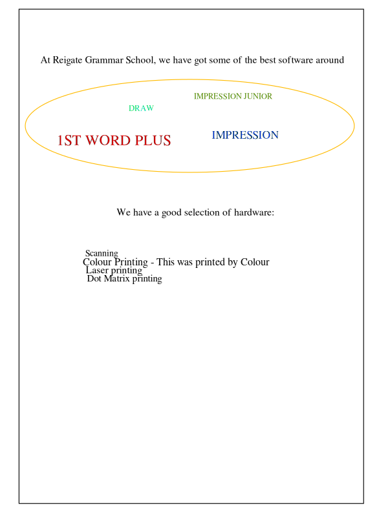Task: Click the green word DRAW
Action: (x=141, y=108)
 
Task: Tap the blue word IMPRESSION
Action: (x=245, y=135)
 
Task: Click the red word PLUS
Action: (x=153, y=140)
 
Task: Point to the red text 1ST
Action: (x=69, y=140)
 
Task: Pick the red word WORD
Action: (x=108, y=140)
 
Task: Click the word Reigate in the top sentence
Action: (x=67, y=61)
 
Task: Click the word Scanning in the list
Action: (x=102, y=254)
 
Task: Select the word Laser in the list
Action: (x=97, y=270)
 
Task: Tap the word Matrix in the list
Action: (x=117, y=278)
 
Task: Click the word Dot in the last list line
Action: (x=94, y=278)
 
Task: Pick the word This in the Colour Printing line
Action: (x=166, y=262)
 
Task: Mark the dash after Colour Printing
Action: (x=153, y=263)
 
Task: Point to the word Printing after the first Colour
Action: (x=131, y=263)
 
